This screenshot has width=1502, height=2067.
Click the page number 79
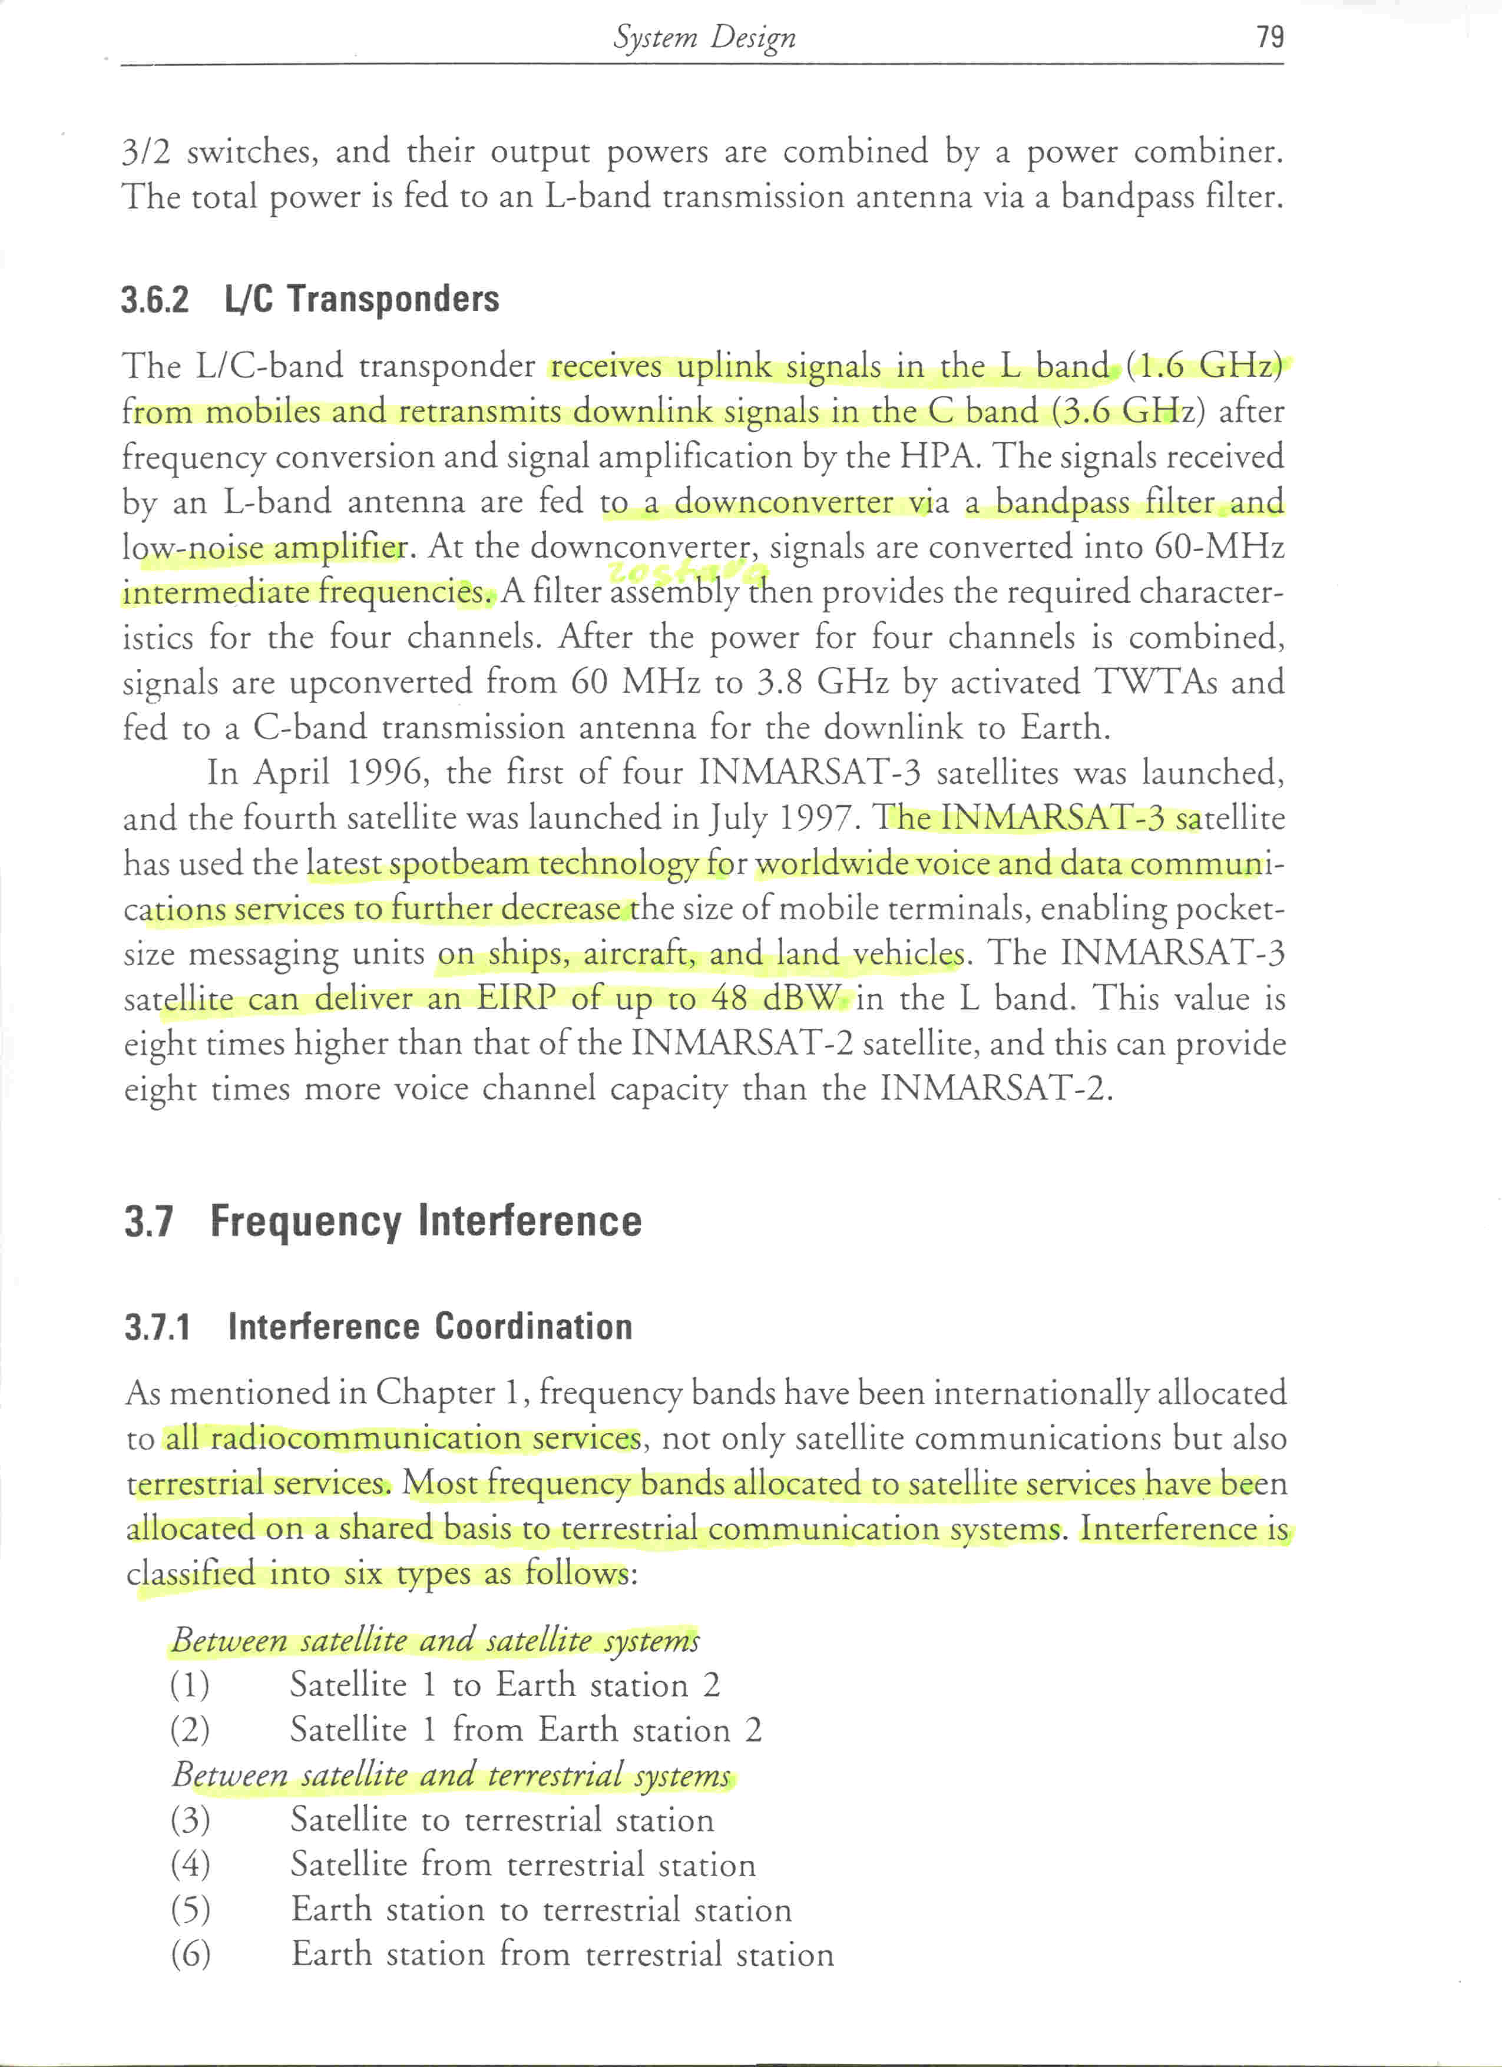pos(1269,37)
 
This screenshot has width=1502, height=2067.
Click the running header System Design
pos(704,37)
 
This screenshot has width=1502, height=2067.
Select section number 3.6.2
pos(155,300)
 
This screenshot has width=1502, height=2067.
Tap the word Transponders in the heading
pos(393,299)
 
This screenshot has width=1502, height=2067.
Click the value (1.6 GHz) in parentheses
pos(1204,366)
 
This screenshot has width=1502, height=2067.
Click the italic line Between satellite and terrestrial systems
pos(451,1774)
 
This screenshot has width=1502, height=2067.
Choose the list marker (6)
pos(190,1954)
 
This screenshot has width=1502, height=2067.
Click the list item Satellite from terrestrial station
pos(523,1864)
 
